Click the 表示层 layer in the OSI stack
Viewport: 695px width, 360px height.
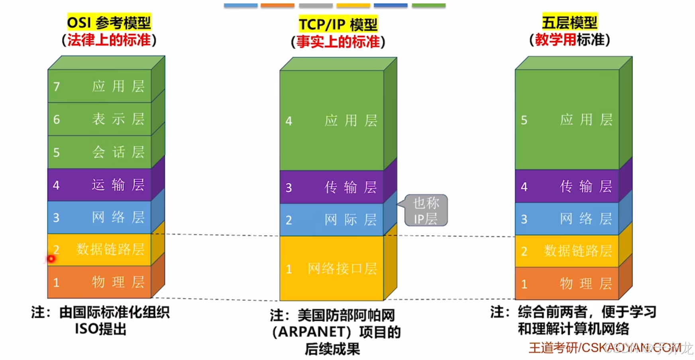pos(100,119)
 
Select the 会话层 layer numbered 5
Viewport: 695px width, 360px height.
pos(100,152)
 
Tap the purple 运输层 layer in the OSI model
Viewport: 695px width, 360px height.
pos(100,185)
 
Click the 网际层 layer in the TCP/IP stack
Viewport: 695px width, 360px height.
pos(332,220)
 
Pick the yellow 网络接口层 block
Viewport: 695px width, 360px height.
pos(332,268)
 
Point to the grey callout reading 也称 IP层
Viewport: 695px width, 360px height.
pos(426,211)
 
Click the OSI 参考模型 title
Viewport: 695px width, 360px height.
pos(109,23)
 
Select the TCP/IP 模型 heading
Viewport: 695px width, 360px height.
pos(338,25)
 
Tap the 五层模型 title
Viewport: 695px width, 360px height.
pos(569,23)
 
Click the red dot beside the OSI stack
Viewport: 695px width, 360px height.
pos(51,259)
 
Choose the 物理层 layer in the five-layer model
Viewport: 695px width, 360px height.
pos(567,284)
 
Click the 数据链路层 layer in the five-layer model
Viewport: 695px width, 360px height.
pos(567,251)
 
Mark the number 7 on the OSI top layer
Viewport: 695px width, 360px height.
pos(57,86)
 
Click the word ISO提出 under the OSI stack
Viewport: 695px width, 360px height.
pos(100,329)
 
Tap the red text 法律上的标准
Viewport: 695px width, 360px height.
pos(109,40)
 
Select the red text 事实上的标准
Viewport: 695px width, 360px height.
pos(338,42)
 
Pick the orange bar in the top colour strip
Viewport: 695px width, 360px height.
pos(277,6)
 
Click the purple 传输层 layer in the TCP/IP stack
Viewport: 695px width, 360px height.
pos(332,187)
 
